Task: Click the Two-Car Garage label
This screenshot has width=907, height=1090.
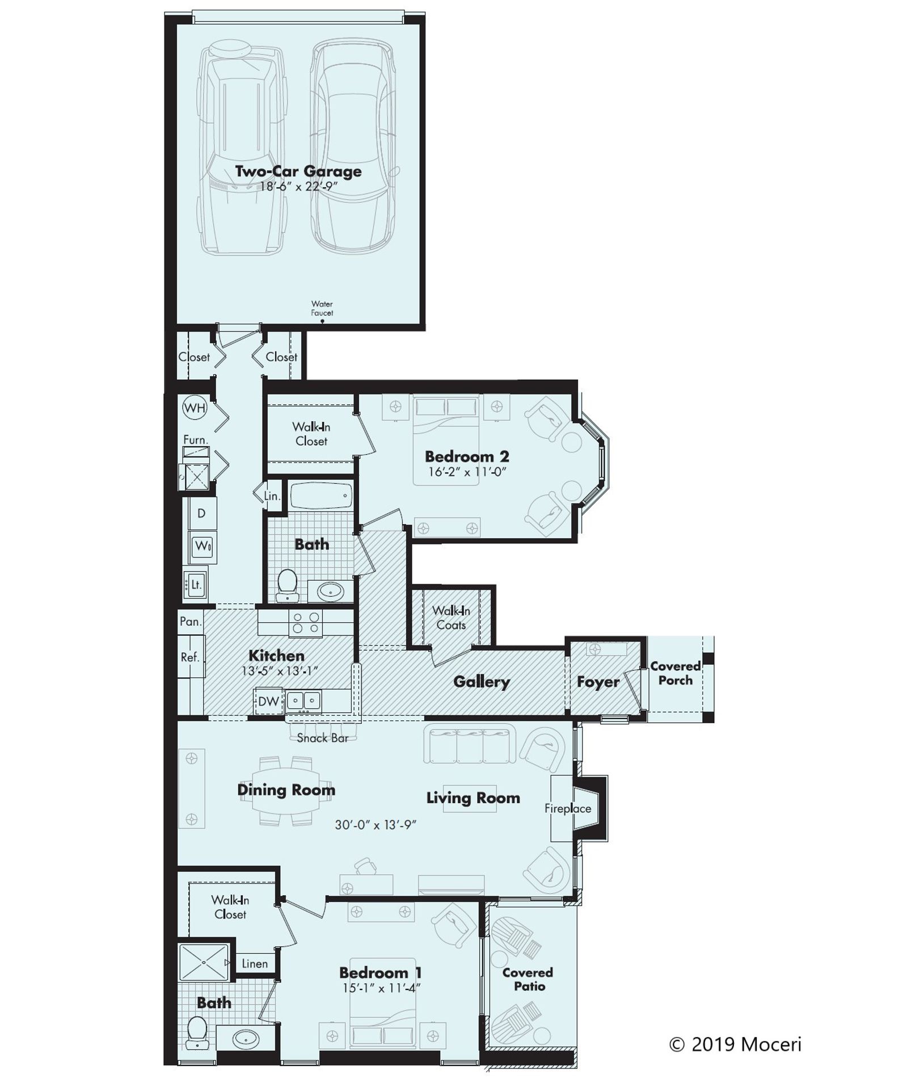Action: click(298, 171)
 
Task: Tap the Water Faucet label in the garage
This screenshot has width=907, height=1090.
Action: click(322, 309)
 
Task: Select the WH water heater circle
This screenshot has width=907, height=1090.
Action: click(195, 408)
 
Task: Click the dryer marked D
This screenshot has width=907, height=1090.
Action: click(201, 513)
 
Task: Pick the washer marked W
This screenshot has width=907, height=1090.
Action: click(202, 547)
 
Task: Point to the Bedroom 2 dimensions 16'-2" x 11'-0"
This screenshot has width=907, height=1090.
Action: click(466, 472)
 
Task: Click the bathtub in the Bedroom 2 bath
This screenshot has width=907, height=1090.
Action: click(321, 496)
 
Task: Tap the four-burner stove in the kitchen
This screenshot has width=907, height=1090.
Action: click(305, 623)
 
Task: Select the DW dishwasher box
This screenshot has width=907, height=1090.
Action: click(268, 701)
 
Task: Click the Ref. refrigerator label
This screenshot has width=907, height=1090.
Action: click(190, 657)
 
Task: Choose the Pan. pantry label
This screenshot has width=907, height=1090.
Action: click(191, 622)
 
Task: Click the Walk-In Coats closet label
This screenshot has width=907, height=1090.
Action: click(451, 618)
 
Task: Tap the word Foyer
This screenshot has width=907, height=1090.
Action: click(598, 682)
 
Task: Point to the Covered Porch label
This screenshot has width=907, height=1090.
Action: click(675, 673)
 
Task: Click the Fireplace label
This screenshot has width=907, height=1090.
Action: click(567, 808)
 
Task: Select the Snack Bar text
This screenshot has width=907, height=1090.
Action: click(322, 738)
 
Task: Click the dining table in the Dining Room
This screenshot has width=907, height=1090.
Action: click(286, 790)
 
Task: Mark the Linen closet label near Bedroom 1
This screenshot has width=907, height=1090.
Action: click(255, 963)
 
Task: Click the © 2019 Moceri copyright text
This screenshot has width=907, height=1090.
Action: click(735, 1044)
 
